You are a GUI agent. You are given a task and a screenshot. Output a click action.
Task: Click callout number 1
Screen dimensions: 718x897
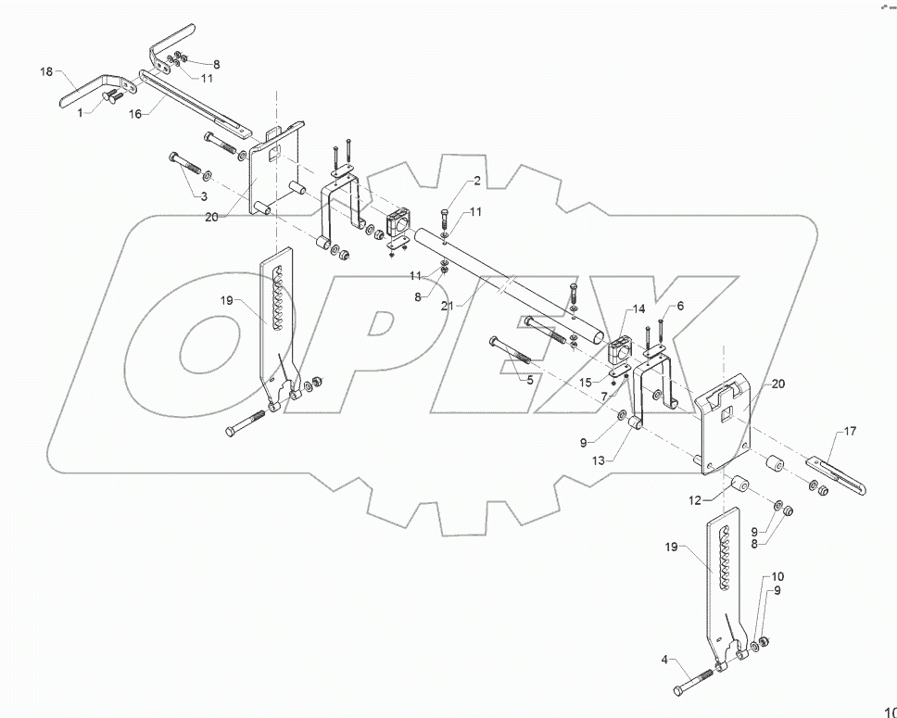tap(80, 112)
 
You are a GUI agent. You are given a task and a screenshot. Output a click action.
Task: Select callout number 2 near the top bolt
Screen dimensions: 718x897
tap(477, 180)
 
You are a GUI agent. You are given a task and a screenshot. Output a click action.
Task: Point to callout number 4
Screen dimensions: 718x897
tap(663, 660)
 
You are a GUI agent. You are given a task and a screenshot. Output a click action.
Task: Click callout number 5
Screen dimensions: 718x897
tap(530, 379)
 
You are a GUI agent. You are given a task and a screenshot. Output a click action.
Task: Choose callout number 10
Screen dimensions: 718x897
tap(777, 576)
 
